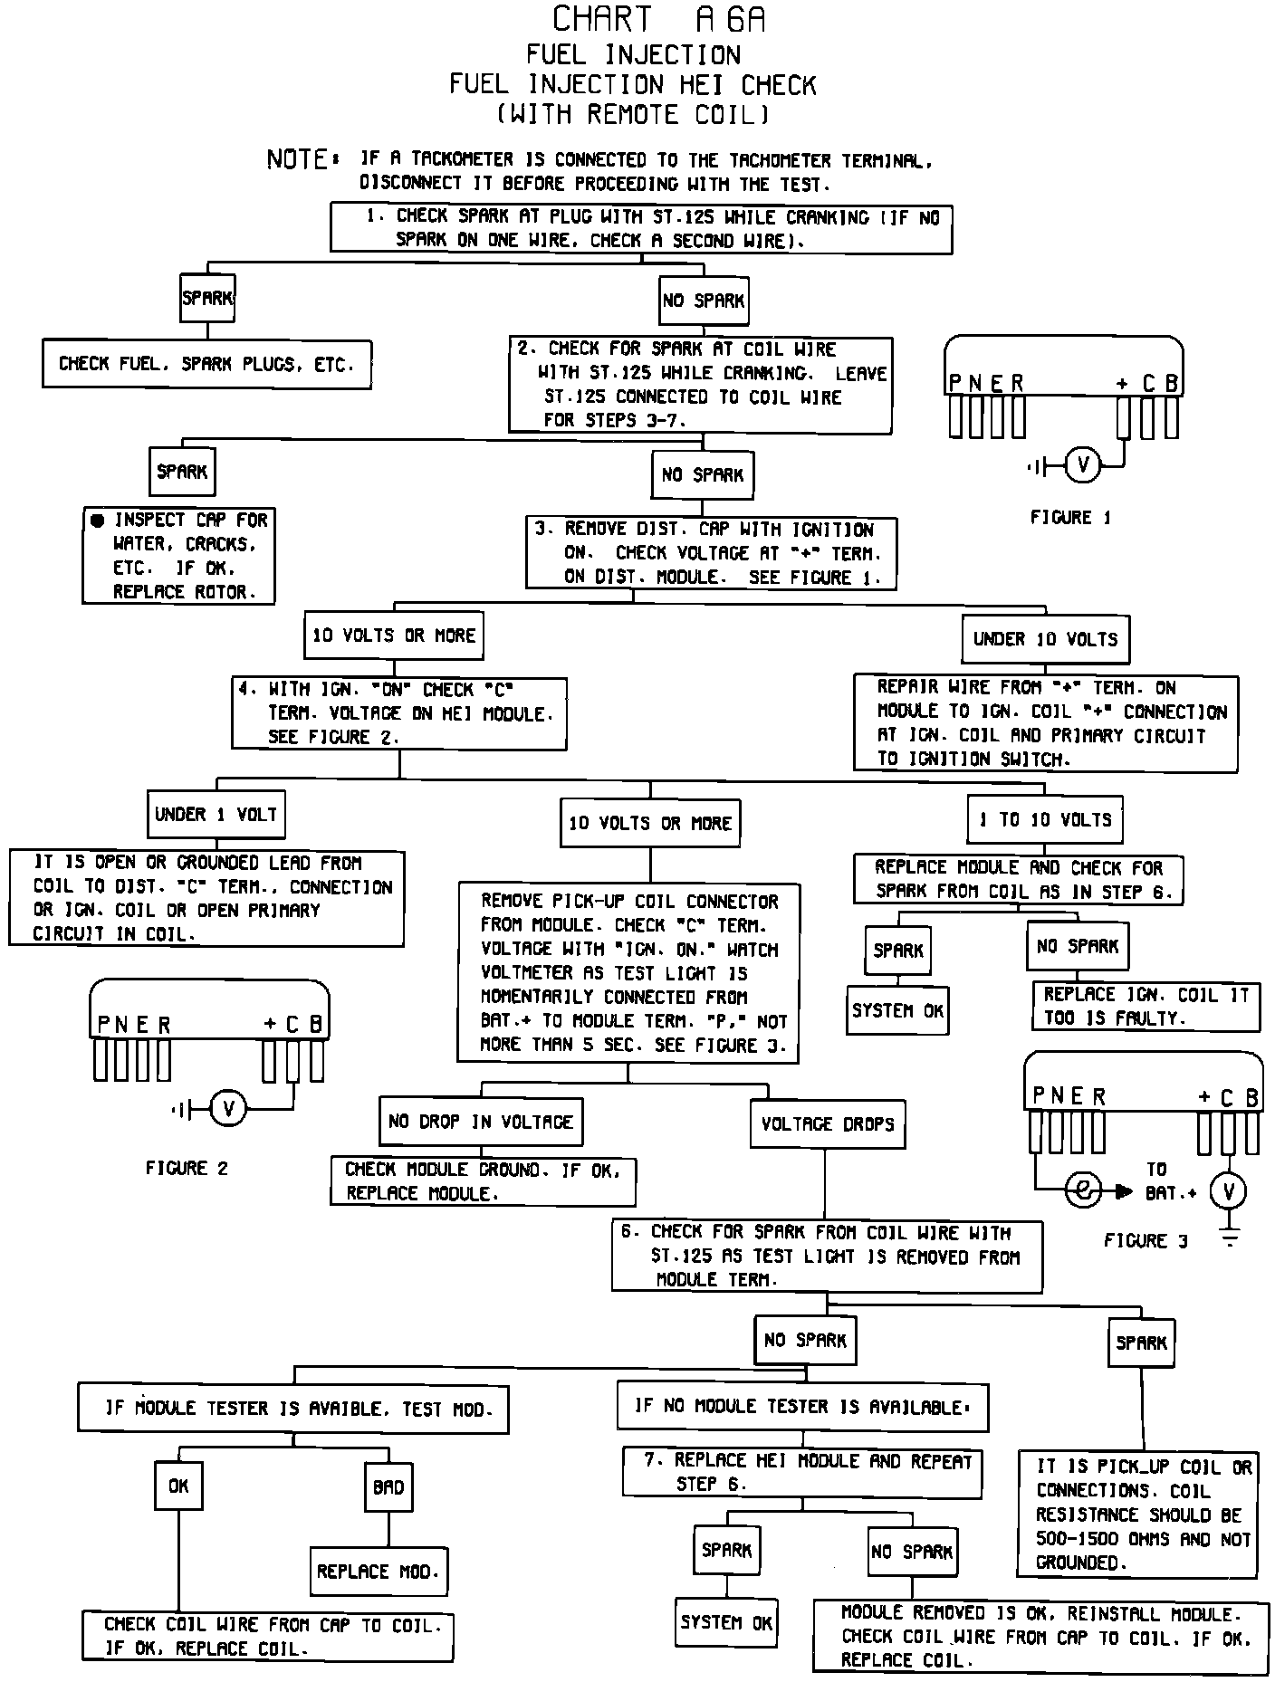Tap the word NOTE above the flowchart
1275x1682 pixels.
click(x=298, y=160)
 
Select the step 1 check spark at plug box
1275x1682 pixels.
click(x=641, y=228)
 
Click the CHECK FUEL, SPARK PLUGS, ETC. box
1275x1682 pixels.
click(x=206, y=364)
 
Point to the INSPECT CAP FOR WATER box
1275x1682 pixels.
click(x=179, y=556)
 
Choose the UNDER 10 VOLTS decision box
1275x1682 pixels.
click(x=1045, y=639)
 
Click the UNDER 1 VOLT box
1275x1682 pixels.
click(x=216, y=815)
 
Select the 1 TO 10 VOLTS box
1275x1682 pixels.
click(x=1045, y=820)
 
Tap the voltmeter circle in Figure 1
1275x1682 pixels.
click(x=1083, y=466)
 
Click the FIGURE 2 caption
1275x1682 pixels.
click(x=187, y=1169)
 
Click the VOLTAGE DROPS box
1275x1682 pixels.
click(x=827, y=1124)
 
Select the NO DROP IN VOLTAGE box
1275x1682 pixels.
click(x=480, y=1123)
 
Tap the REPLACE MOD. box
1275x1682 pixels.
click(x=378, y=1572)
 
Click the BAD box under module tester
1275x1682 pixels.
click(x=388, y=1487)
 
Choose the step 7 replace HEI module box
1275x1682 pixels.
click(x=801, y=1473)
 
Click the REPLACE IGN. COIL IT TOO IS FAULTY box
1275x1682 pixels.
click(x=1146, y=1006)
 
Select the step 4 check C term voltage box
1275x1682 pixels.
click(x=399, y=713)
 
